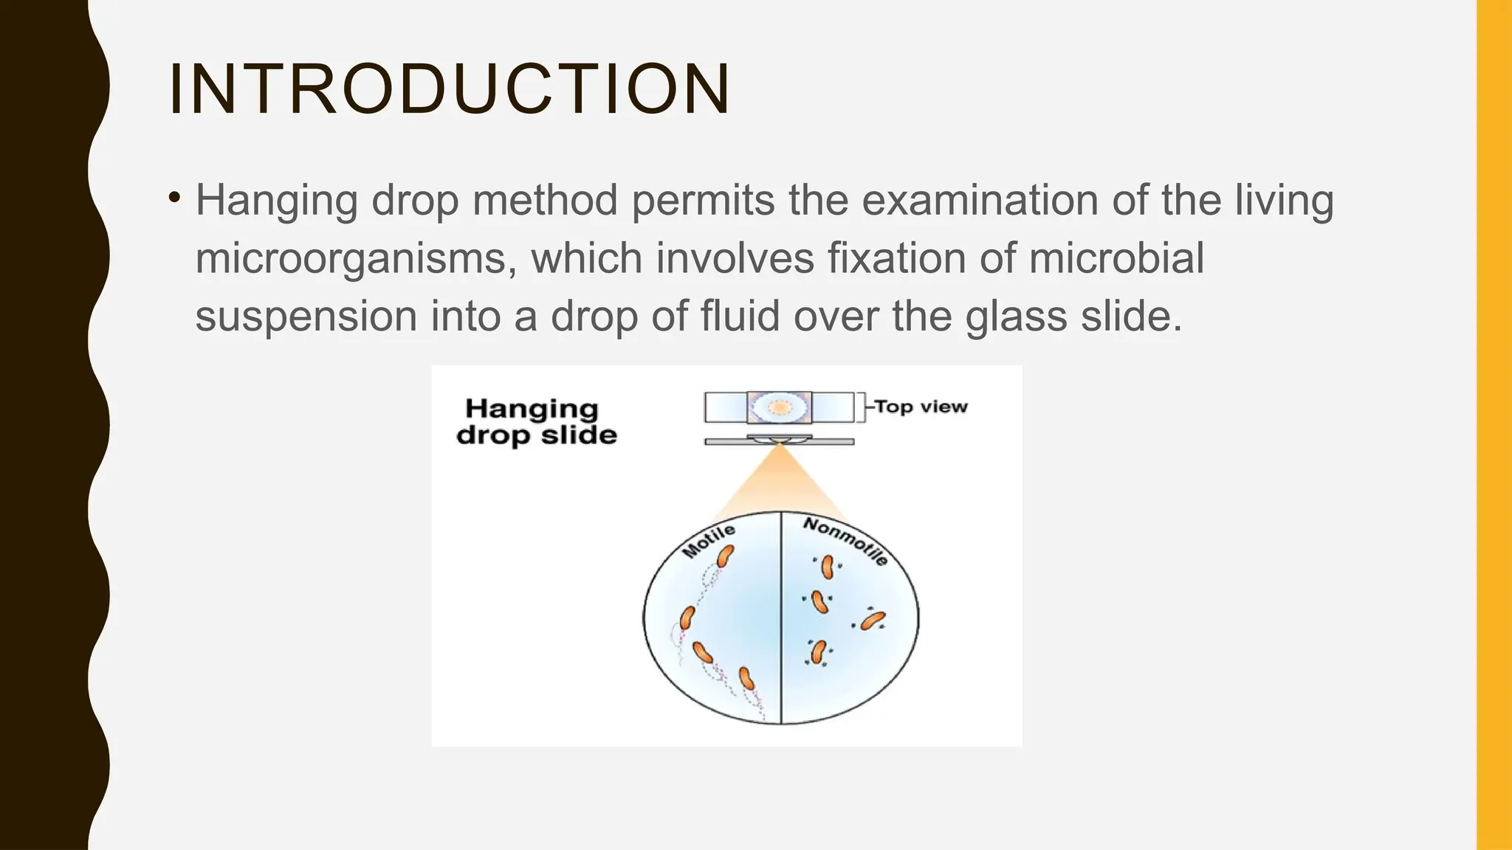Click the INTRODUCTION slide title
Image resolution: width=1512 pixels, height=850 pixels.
[449, 89]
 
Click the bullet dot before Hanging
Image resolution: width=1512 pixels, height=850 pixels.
[174, 198]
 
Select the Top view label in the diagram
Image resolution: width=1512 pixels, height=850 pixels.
[921, 407]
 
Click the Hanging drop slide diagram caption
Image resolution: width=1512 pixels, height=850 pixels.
[536, 421]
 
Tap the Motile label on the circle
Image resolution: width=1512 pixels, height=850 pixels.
[708, 541]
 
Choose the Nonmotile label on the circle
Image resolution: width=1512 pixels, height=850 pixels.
[846, 540]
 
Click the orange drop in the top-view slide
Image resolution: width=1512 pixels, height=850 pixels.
[779, 407]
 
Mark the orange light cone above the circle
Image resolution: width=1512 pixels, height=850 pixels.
[779, 483]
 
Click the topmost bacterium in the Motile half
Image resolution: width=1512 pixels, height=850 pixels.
[726, 556]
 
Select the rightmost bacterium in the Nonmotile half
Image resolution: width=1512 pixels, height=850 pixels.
[873, 620]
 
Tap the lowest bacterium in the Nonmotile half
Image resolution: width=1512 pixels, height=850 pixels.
[819, 652]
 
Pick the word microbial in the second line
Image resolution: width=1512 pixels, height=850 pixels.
[1116, 258]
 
